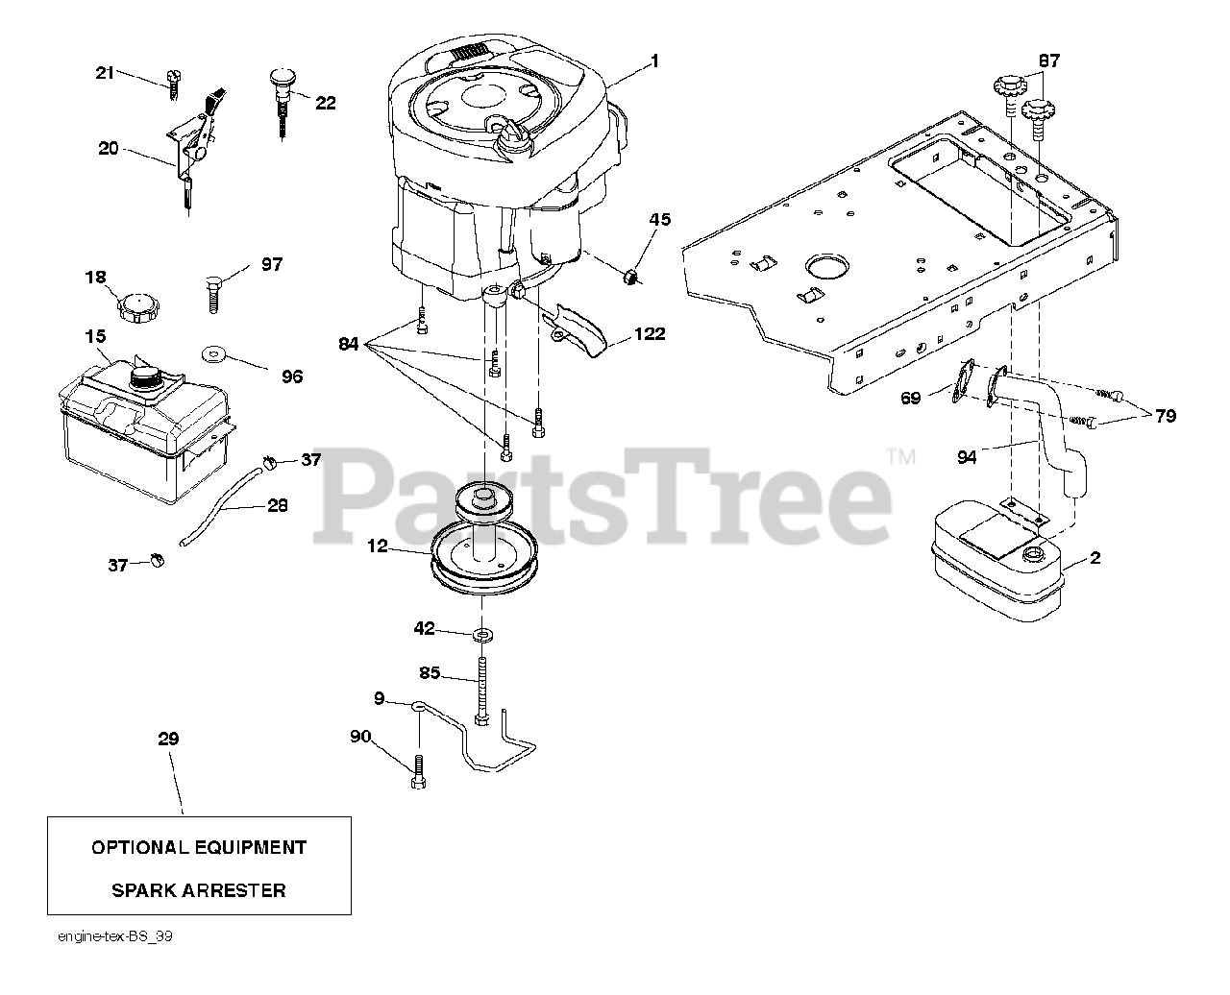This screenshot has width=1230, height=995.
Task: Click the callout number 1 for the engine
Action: point(654,61)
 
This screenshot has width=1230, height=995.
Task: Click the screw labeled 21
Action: point(172,83)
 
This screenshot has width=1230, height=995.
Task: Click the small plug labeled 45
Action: point(630,278)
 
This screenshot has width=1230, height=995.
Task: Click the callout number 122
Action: point(649,335)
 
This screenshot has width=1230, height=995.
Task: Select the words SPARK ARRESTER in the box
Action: point(199,890)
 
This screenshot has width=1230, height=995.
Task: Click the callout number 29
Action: point(168,739)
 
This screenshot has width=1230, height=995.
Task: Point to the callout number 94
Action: point(967,457)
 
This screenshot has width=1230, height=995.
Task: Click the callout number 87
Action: point(1049,61)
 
